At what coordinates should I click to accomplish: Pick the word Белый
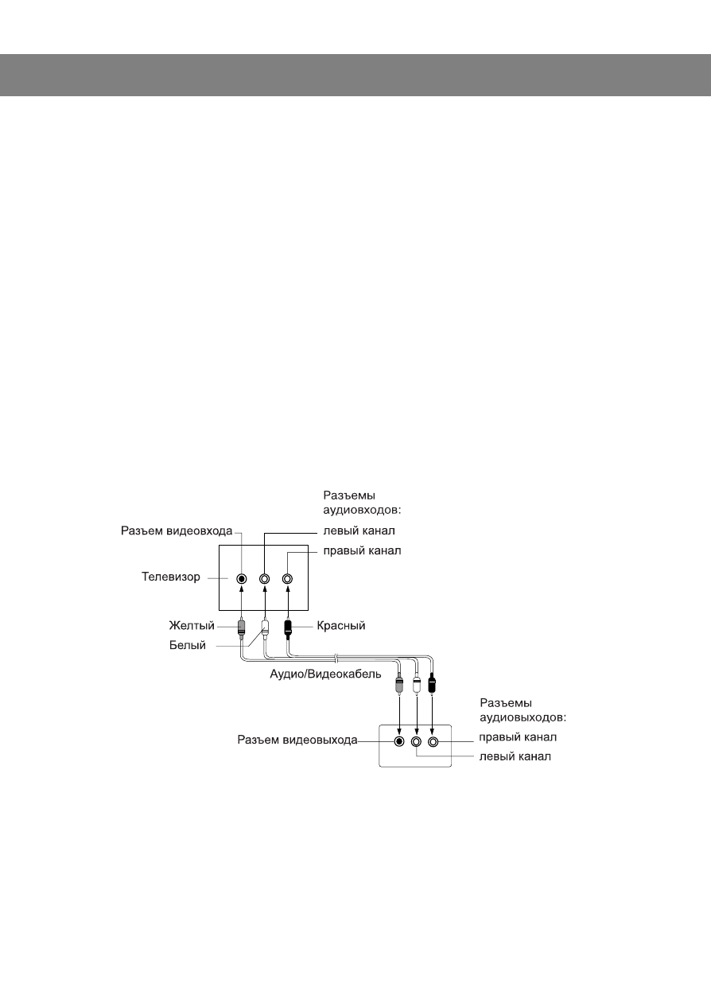(188, 646)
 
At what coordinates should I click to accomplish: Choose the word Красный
(340, 626)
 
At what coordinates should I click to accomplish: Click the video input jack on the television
(242, 579)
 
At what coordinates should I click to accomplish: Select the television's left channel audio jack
(265, 579)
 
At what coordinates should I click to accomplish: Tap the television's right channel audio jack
(287, 579)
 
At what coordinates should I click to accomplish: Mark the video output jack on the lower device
(400, 741)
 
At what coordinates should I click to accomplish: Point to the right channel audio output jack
(433, 741)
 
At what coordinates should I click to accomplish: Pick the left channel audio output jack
(417, 741)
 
